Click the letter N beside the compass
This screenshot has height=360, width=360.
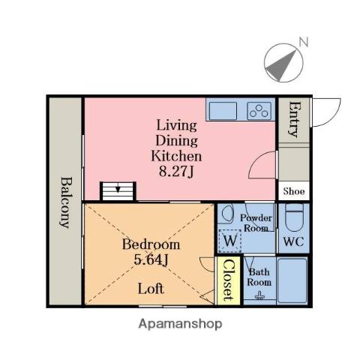coord(304,42)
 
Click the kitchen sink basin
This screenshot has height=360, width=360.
coord(223,111)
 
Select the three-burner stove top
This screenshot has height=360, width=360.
coord(259,111)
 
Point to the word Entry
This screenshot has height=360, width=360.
coord(294,119)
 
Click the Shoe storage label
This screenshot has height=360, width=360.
coord(294,191)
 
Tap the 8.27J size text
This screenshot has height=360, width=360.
coord(176,172)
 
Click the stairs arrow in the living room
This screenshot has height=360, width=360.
coord(118,189)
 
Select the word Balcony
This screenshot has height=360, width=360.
coord(66,202)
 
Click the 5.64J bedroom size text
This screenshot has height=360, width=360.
coord(151,260)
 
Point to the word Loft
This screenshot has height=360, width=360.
coord(151,289)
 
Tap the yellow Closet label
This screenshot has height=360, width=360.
coord(229,280)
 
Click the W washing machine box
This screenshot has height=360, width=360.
coord(230,241)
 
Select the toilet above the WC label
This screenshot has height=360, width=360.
coord(294,217)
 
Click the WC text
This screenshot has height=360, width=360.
coord(293,241)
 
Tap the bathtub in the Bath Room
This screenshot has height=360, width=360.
coord(292,280)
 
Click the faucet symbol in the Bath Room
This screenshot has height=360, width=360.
coord(259,295)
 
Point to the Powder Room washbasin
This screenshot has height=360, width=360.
coord(227,213)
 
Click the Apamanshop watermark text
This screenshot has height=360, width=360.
coord(180,324)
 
